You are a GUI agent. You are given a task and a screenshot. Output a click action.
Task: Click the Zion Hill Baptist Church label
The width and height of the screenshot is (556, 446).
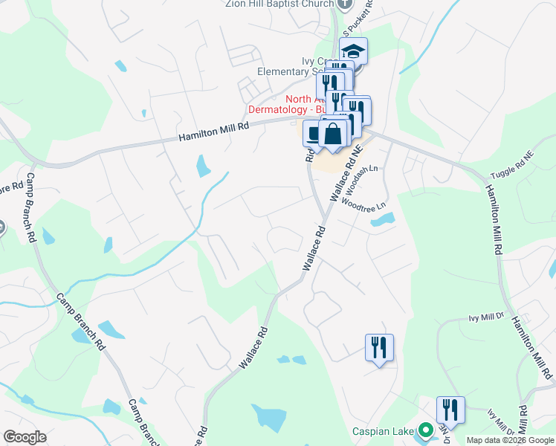(x=278, y=4)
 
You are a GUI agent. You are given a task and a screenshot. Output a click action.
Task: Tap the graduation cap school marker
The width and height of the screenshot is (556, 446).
(x=354, y=51)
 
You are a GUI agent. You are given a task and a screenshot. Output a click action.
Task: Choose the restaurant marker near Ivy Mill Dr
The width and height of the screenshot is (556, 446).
(x=379, y=347)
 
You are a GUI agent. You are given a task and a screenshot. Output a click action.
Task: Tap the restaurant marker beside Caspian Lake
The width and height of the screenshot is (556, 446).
(x=450, y=410)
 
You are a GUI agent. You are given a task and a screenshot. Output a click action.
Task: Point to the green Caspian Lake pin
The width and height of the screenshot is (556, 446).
(x=426, y=430)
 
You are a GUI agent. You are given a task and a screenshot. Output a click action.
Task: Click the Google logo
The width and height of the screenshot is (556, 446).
(x=25, y=437)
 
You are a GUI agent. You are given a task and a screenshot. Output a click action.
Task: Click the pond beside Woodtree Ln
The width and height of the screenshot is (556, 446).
(x=384, y=220)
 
